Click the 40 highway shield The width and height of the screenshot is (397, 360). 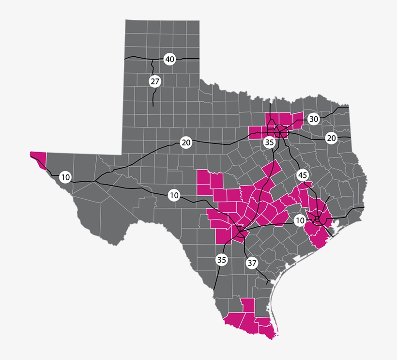(x=169, y=60)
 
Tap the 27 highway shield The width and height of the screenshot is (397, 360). (x=154, y=81)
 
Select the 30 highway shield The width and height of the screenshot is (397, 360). (x=313, y=119)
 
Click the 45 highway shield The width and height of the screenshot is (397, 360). (x=303, y=175)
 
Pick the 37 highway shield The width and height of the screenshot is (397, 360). (x=252, y=263)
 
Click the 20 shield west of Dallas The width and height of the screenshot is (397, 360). (x=186, y=142)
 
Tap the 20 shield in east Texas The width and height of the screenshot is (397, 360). (x=331, y=138)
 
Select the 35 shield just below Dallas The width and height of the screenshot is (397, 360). (x=270, y=142)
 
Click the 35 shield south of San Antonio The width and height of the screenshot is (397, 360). (x=221, y=260)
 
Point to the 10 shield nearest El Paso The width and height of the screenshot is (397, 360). (x=65, y=177)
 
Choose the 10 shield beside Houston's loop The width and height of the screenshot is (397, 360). (x=300, y=220)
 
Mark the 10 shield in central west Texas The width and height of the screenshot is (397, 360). (x=174, y=195)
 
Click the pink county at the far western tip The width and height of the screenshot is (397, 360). (x=38, y=158)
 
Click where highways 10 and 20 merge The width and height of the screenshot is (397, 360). (x=95, y=181)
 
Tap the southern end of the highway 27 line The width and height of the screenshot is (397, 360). (x=153, y=106)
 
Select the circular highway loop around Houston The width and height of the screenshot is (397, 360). (x=318, y=220)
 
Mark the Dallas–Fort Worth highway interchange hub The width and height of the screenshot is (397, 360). (x=280, y=131)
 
